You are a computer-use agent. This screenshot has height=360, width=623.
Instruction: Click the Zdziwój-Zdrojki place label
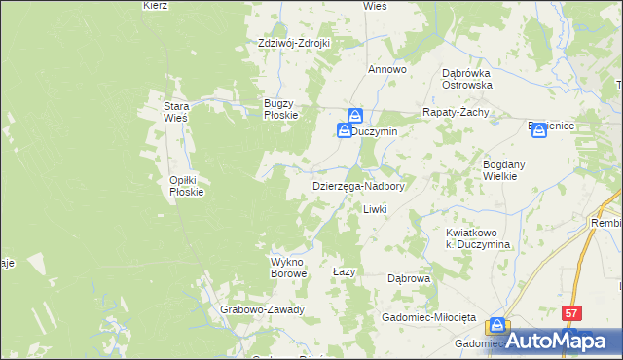tap(295, 43)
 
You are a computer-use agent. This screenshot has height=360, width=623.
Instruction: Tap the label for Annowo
tap(386, 70)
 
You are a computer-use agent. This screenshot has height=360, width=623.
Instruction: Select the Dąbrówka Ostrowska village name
tap(467, 79)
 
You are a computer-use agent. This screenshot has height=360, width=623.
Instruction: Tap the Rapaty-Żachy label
tap(455, 112)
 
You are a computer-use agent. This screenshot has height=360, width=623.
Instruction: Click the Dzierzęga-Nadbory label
tap(358, 185)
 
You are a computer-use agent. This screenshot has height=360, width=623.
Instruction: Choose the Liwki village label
tap(376, 209)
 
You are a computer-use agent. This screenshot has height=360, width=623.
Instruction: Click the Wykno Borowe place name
tap(288, 268)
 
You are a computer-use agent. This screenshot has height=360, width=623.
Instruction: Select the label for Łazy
tap(343, 271)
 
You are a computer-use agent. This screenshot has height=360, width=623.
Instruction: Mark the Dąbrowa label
tap(409, 278)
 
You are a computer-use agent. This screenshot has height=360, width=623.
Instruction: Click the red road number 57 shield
tap(572, 312)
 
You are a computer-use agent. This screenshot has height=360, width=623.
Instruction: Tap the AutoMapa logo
tap(562, 341)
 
